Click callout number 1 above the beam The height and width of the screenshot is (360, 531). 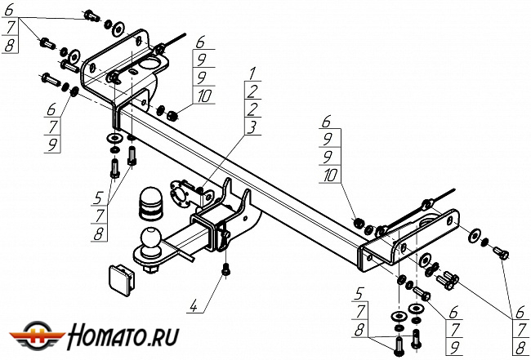coord(253,75)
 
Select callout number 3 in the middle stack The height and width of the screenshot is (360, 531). coord(253,127)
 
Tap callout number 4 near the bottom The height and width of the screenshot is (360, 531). coord(193,307)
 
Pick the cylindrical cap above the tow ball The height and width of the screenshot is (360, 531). coord(150,203)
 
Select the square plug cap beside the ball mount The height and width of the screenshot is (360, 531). coord(119,277)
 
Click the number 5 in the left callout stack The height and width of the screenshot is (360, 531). coord(98,198)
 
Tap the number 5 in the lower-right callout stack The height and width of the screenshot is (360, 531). coord(359,291)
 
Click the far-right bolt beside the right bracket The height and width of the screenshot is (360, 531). coord(501,254)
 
